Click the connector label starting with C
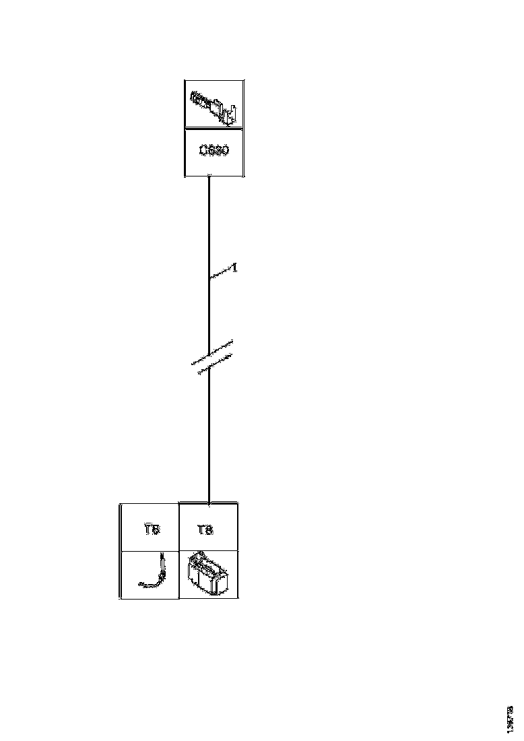[214, 151]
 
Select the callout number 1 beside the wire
[234, 268]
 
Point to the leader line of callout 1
[220, 273]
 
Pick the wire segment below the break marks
[209, 431]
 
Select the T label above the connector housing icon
[205, 530]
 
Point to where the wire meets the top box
[209, 176]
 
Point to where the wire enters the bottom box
[209, 503]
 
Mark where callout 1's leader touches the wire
[209, 278]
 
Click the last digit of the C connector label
[225, 151]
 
